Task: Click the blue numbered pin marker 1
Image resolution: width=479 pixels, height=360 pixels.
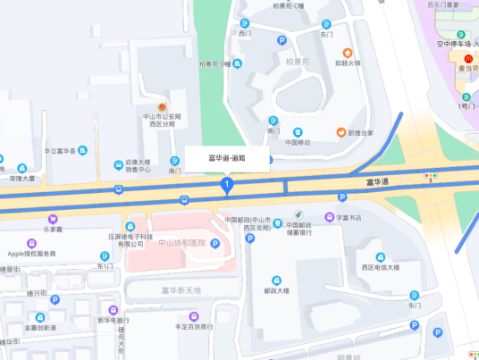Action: pyautogui.click(x=227, y=185)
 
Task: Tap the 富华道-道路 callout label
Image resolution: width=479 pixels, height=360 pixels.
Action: pyautogui.click(x=227, y=158)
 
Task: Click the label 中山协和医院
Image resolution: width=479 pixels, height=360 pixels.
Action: pyautogui.click(x=181, y=243)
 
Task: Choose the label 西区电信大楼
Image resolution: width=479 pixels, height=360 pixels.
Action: pyautogui.click(x=380, y=267)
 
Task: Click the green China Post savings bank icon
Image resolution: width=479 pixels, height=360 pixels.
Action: pyautogui.click(x=300, y=216)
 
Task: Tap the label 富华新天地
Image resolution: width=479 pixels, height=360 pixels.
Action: pyautogui.click(x=181, y=290)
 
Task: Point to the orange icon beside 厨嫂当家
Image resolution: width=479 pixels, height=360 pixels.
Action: pyautogui.click(x=340, y=133)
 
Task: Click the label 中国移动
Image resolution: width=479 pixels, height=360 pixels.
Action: pyautogui.click(x=298, y=143)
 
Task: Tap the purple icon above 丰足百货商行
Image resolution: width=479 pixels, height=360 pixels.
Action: pyautogui.click(x=194, y=316)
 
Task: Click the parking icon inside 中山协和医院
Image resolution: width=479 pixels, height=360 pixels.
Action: pyautogui.click(x=215, y=245)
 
